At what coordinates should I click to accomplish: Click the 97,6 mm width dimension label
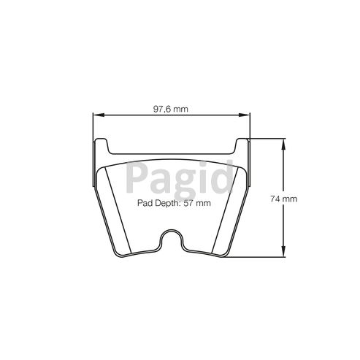tap(171, 109)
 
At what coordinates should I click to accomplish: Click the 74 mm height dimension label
tap(283, 199)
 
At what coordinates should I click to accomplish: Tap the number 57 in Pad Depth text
tap(188, 203)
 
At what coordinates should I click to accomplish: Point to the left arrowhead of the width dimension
tap(99, 115)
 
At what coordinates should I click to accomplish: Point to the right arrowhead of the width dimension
tap(244, 115)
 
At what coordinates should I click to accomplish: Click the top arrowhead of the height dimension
tap(283, 144)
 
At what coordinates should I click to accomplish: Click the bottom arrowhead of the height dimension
tap(283, 251)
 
